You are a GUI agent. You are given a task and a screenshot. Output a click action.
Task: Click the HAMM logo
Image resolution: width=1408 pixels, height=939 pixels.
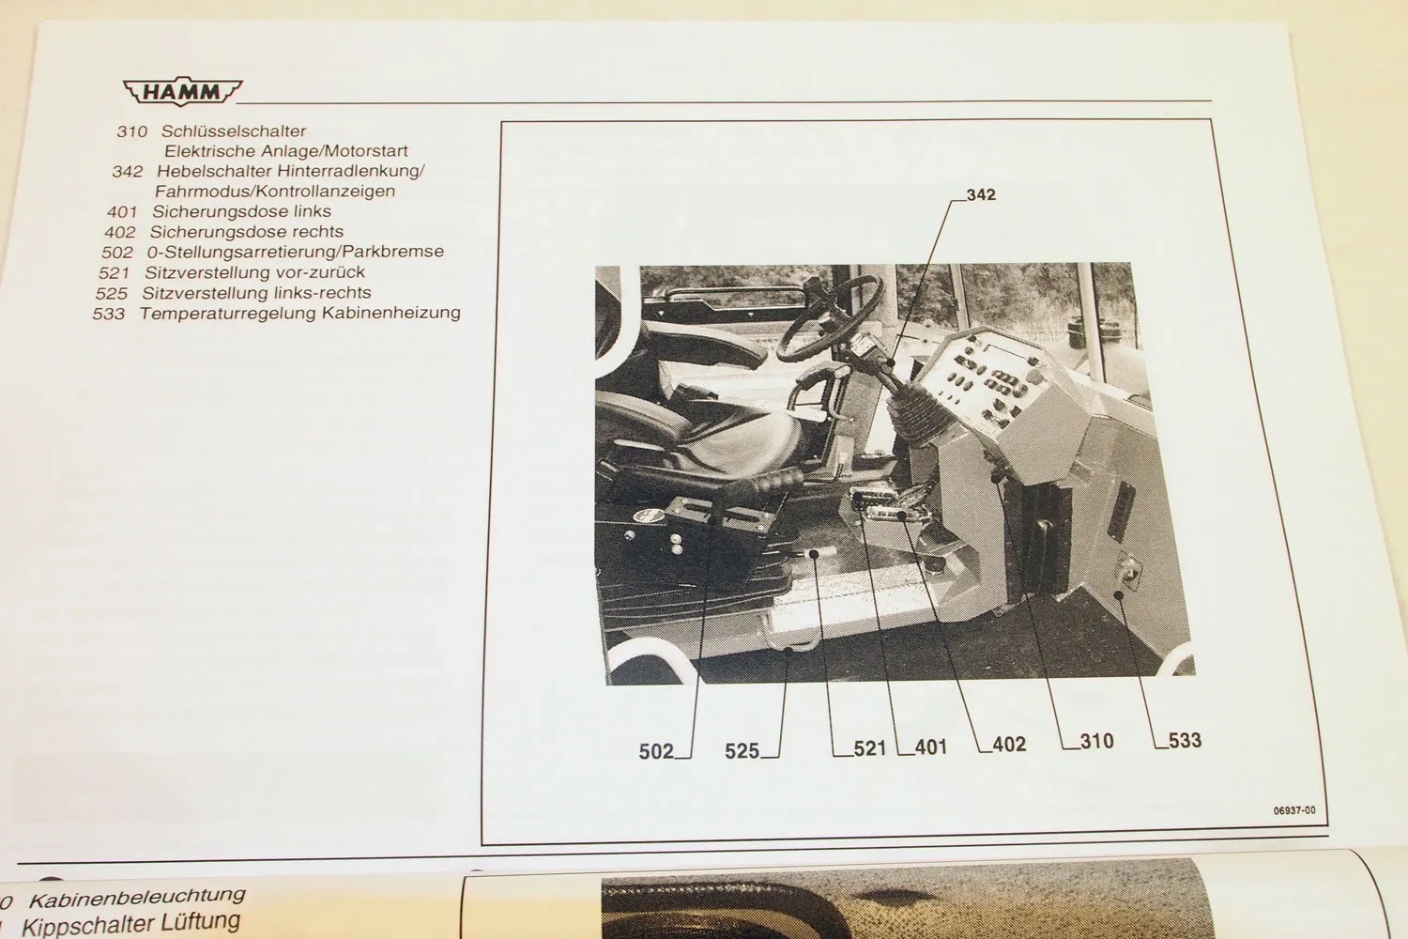182,92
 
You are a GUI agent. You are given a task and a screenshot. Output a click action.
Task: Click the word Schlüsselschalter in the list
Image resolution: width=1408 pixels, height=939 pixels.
233,131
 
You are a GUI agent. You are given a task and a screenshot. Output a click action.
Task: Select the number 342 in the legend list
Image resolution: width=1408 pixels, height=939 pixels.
128,171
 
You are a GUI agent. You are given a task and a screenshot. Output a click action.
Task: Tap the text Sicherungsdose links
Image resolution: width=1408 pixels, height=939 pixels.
241,211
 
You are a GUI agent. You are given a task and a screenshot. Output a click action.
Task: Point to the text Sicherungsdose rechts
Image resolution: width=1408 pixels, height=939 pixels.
246,231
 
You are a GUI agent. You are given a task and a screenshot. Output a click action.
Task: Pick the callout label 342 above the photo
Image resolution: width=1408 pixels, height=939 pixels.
981,195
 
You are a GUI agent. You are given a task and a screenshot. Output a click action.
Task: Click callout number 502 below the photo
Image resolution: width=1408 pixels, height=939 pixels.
655,751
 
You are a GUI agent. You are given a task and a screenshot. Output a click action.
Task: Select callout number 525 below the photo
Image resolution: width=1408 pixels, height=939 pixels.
742,751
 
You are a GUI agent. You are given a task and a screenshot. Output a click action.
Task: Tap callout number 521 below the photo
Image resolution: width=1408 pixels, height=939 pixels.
870,748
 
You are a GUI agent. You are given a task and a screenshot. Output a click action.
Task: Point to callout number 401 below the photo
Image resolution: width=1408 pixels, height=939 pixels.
931,747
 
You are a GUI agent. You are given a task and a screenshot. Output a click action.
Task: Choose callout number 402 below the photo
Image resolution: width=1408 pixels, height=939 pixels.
1009,745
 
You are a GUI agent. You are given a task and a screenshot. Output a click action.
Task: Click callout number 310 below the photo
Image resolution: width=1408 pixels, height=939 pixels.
1097,742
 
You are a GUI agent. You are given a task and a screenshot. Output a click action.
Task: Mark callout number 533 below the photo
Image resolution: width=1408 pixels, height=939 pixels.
1185,741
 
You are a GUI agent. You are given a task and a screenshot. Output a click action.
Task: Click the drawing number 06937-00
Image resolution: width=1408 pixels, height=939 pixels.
1294,810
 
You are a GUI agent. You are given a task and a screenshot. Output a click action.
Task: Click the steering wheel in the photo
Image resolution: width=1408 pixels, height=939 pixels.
830,319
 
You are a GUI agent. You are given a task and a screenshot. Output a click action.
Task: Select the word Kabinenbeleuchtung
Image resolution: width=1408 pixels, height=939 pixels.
138,898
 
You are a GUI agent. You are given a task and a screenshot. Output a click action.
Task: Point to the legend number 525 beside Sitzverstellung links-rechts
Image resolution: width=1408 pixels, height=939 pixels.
112,294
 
